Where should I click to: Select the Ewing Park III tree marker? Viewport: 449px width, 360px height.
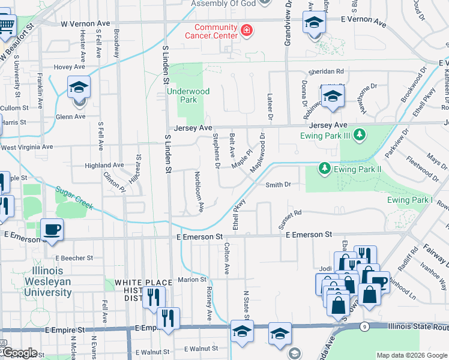[359, 134]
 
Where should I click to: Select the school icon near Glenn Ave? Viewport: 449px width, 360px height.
[79, 88]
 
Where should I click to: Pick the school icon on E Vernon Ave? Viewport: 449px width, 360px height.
[313, 23]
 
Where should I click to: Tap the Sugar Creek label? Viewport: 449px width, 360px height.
[75, 197]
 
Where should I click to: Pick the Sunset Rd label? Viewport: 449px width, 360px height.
[289, 213]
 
